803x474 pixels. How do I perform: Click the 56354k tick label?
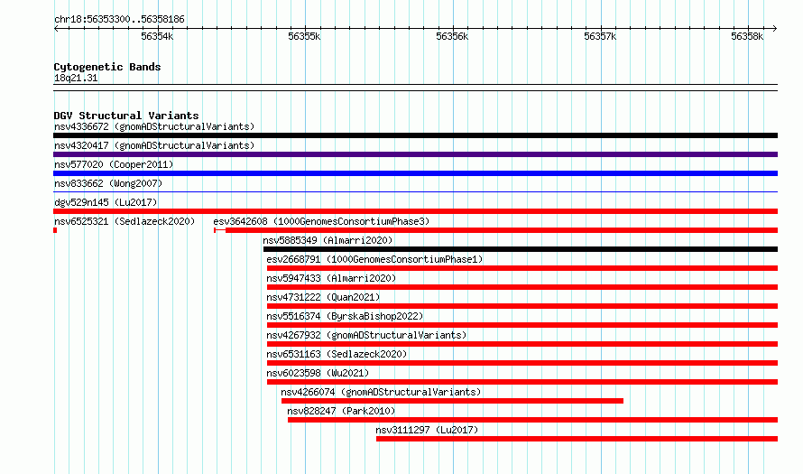click(x=157, y=36)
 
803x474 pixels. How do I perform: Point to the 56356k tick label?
click(x=452, y=36)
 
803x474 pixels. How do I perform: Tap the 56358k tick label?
click(x=747, y=36)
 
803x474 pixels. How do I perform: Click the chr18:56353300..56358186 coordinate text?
click(x=119, y=20)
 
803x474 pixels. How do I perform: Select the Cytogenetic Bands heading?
click(x=107, y=67)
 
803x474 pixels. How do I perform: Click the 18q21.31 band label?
click(x=76, y=78)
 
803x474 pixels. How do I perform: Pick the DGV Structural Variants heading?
click(x=126, y=116)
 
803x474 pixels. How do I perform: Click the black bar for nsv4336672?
click(x=415, y=135)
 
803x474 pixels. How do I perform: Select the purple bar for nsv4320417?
click(x=415, y=154)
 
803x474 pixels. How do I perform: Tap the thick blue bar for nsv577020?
click(x=415, y=173)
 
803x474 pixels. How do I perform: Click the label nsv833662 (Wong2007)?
click(x=108, y=183)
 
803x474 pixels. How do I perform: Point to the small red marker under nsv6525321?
click(x=55, y=230)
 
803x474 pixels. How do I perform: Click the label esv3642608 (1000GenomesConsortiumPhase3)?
click(x=321, y=221)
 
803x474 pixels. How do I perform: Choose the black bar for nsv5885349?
click(x=521, y=249)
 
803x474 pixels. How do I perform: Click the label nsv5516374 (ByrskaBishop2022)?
click(x=345, y=316)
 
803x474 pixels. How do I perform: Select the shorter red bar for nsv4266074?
click(x=452, y=401)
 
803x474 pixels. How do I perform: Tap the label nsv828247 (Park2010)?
click(x=341, y=411)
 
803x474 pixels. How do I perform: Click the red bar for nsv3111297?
click(x=577, y=439)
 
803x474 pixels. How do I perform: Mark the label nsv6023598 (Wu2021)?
click(x=318, y=373)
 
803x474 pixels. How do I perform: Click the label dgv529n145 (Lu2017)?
click(x=106, y=202)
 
